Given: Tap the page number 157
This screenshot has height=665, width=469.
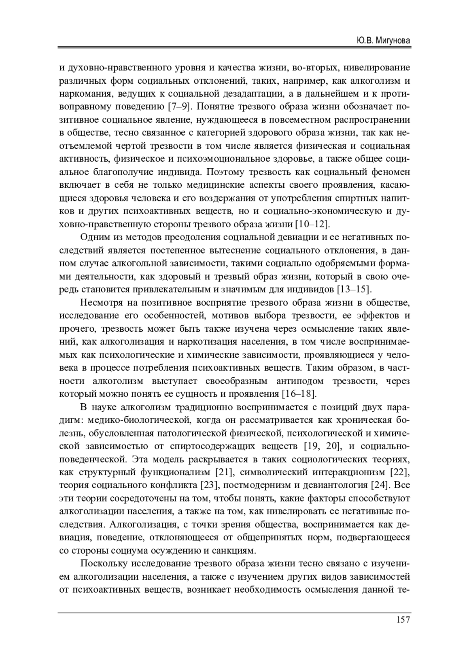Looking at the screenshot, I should (x=403, y=619).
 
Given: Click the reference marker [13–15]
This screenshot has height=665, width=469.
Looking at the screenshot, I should (x=354, y=289).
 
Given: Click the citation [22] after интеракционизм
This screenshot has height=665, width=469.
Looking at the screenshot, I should (x=400, y=472).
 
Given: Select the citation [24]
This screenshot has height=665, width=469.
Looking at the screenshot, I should (x=379, y=485).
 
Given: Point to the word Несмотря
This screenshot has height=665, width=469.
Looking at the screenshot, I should (x=100, y=303).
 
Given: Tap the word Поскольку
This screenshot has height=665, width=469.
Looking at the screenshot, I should (x=103, y=564).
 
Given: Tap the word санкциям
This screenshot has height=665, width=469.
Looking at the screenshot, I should (x=232, y=551).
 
